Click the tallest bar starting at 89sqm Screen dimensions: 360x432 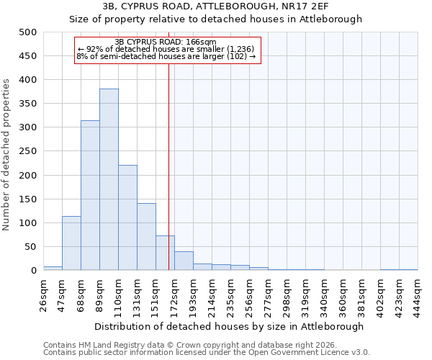(x=109, y=179)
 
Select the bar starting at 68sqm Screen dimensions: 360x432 (x=90, y=195)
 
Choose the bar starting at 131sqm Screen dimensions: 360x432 (x=146, y=237)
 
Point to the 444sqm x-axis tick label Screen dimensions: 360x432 (x=418, y=293)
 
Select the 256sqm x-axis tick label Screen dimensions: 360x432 (x=249, y=293)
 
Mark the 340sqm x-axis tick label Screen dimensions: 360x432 (x=324, y=293)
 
